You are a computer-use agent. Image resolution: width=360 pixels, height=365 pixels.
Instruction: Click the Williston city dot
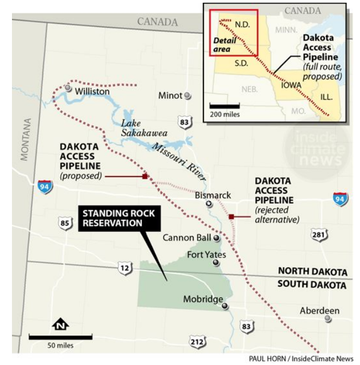pyautogui.click(x=68, y=87)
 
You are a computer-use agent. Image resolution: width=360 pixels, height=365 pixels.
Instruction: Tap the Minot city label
pyautogui.click(x=170, y=96)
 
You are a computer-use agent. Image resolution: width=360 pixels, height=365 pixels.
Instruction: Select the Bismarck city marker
pyautogui.click(x=209, y=204)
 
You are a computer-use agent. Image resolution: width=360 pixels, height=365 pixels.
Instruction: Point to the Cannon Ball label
pyautogui.click(x=187, y=238)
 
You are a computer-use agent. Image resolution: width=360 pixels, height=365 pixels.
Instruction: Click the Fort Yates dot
pyautogui.click(x=216, y=263)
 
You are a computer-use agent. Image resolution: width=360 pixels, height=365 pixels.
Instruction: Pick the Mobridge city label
pyautogui.click(x=203, y=299)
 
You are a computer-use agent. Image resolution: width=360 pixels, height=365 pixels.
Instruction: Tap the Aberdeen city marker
pyautogui.click(x=328, y=319)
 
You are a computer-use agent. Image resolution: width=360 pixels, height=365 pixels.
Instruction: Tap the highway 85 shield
pyautogui.click(x=65, y=223)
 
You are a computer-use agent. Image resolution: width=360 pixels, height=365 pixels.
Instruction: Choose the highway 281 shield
pyautogui.click(x=319, y=235)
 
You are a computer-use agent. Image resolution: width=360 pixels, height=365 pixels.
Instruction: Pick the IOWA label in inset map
pyautogui.click(x=291, y=85)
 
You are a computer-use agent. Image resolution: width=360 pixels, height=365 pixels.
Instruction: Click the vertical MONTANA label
pyautogui.click(x=24, y=139)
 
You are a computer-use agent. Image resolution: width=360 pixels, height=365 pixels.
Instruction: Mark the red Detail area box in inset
pyautogui.click(x=233, y=32)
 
